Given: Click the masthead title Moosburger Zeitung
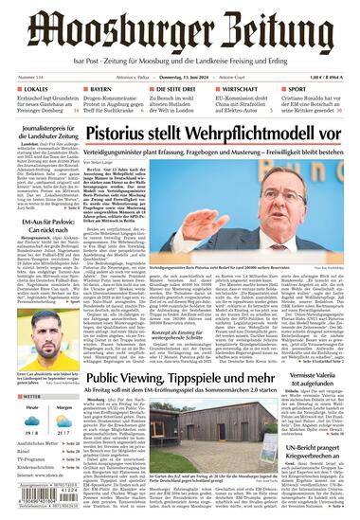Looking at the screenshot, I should pyautogui.click(x=179, y=30).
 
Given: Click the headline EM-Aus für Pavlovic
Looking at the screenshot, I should pyautogui.click(x=41, y=255).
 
